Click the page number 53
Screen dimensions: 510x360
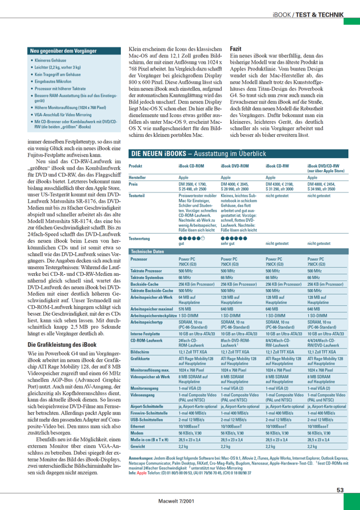tap(340, 490)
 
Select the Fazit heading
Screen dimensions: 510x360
tap(236, 49)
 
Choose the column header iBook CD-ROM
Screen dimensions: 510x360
tap(191, 167)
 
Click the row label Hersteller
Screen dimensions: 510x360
tap(138, 177)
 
